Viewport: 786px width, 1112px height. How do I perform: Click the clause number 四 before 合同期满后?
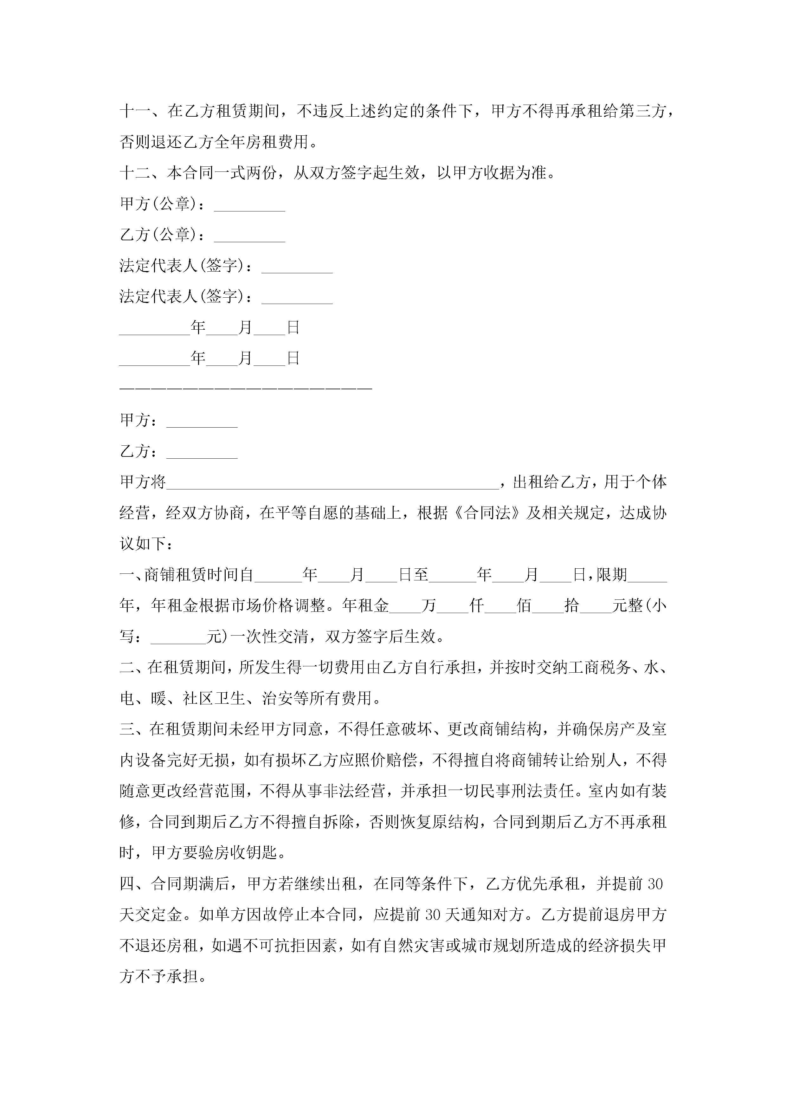[x=127, y=884]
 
